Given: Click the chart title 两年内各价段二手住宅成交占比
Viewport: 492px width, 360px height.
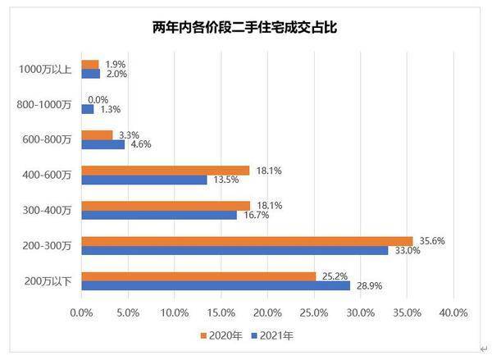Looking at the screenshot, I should [246, 28].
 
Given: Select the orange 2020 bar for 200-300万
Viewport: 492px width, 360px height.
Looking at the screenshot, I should [246, 241].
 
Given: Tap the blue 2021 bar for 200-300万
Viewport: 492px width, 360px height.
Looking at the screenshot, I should [235, 250].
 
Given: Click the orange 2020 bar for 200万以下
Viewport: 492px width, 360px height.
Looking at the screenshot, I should [198, 276].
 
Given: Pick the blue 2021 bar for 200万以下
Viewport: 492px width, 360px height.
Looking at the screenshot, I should [216, 285].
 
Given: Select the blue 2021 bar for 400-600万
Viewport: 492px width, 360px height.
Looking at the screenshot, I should [144, 180].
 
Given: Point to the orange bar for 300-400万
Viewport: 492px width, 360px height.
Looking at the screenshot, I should [166, 206].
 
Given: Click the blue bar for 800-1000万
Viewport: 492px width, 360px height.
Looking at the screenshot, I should [87, 108].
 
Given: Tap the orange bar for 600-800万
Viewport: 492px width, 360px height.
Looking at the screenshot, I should [97, 135].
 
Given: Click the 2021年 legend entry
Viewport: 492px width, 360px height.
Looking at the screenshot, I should [272, 335].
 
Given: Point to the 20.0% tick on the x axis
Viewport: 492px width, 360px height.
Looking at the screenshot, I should [267, 312].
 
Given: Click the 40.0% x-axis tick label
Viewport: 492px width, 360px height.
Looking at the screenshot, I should [453, 312].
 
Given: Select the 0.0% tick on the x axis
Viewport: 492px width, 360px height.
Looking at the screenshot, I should [81, 312].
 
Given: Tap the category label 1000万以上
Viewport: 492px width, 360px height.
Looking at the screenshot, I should [45, 69].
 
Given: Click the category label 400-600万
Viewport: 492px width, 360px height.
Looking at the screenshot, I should [48, 175].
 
